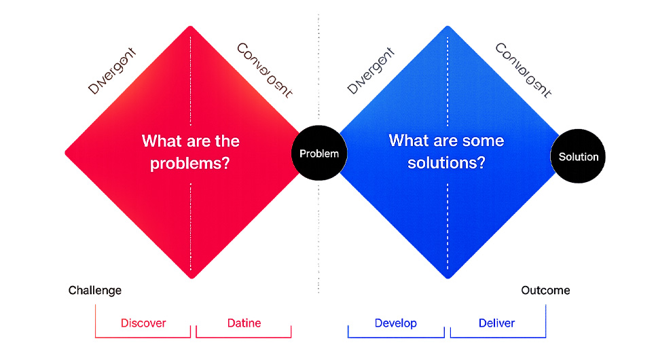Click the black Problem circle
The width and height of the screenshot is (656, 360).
319,154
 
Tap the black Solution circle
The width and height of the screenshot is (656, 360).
578,156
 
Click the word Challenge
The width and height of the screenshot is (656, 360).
95,291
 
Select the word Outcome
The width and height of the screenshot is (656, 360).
545,291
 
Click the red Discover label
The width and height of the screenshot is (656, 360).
143,323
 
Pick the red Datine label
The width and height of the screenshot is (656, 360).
244,323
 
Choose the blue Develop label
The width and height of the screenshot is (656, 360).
396,323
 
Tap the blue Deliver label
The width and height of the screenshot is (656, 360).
496,323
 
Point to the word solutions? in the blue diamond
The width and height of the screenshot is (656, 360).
446,163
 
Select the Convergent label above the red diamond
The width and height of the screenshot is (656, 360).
264,71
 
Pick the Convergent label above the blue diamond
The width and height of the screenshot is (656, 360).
522,71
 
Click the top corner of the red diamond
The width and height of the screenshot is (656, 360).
191,28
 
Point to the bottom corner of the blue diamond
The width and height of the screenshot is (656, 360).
448,277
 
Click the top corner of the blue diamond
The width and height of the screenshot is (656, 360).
448,28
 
